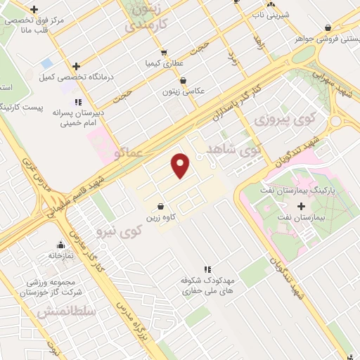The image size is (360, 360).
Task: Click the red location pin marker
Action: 181,166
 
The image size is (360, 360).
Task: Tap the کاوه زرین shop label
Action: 162,219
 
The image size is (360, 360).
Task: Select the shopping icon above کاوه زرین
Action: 162,207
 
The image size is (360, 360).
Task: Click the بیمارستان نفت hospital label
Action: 307,219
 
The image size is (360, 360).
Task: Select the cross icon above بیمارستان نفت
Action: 302,207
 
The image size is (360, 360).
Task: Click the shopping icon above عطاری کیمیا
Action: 163,51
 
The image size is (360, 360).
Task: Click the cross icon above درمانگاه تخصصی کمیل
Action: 77,66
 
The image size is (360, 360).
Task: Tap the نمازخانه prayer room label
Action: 61,257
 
